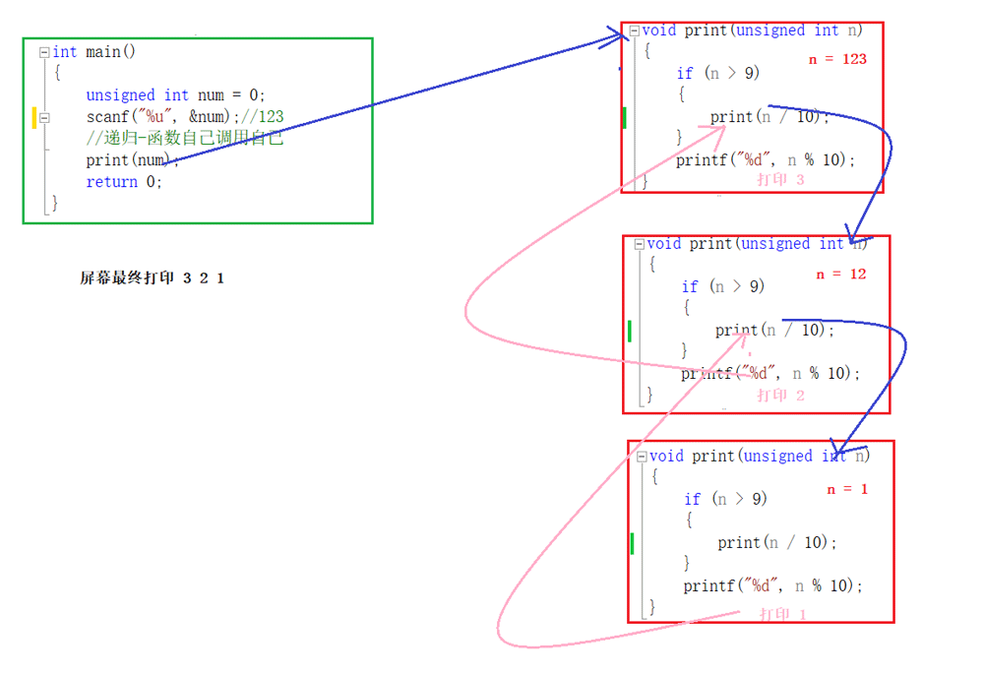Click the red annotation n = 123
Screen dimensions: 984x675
pyautogui.click(x=837, y=59)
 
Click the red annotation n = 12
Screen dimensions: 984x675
pyautogui.click(x=841, y=275)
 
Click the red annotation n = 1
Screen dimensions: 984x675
pyautogui.click(x=847, y=489)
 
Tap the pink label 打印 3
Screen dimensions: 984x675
pyautogui.click(x=780, y=179)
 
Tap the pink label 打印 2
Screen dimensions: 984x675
pyautogui.click(x=780, y=396)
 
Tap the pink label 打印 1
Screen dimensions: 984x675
pyautogui.click(x=782, y=614)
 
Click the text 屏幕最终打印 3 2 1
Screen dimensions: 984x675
pyautogui.click(x=152, y=277)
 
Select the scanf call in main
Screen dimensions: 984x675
pyautogui.click(x=163, y=117)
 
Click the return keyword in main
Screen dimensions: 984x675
pyautogui.click(x=112, y=182)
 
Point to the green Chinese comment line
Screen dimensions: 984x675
pyautogui.click(x=185, y=138)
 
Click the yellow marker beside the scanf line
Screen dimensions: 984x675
pyautogui.click(x=34, y=117)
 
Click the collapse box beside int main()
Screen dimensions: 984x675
pyautogui.click(x=44, y=52)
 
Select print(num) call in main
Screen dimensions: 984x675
pyautogui.click(x=128, y=160)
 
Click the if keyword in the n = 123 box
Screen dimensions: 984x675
pyautogui.click(x=685, y=74)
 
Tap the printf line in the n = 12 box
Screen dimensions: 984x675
pyautogui.click(x=770, y=373)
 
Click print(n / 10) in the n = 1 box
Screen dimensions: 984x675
pyautogui.click(x=777, y=542)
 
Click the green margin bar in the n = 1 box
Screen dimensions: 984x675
pyautogui.click(x=632, y=543)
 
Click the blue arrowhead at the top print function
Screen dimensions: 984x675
pyautogui.click(x=618, y=36)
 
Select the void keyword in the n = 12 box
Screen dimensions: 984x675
pyautogui.click(x=664, y=243)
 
